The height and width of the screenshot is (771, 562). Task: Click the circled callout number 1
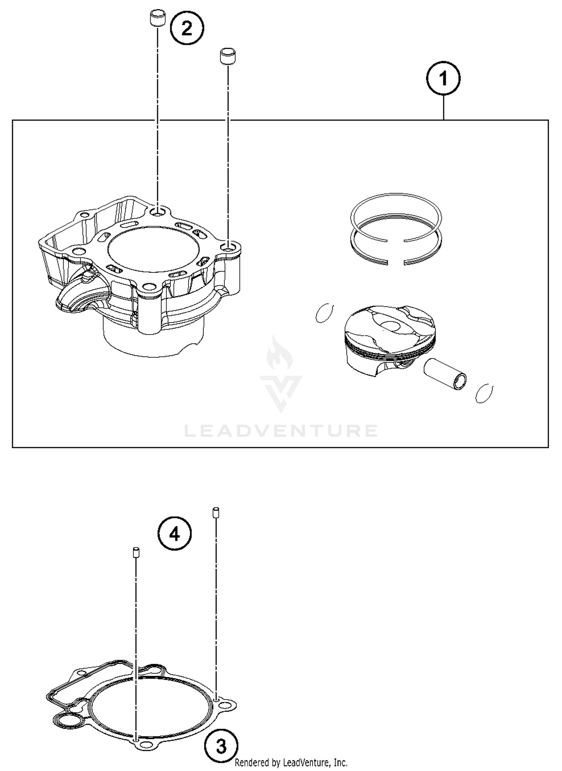point(443,79)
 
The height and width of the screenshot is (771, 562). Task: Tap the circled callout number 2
point(187,28)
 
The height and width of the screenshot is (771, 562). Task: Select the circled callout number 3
point(221,746)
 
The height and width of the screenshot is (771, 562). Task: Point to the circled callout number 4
point(175,534)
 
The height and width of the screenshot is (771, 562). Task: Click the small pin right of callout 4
point(216,512)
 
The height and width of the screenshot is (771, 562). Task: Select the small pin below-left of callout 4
point(136,552)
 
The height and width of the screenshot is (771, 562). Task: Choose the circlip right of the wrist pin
point(484,393)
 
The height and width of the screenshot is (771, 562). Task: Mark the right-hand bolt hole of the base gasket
point(225,706)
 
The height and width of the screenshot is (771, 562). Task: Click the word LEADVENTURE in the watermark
point(281,431)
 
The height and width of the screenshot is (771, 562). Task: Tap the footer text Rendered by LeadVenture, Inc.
point(291,762)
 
